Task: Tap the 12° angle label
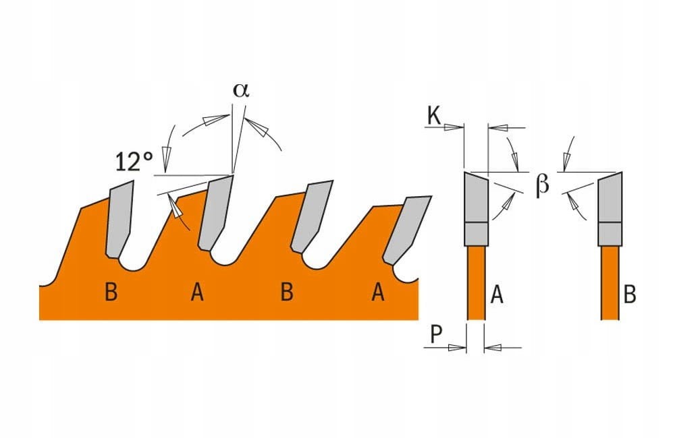[x=134, y=162]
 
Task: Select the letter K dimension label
[x=434, y=117]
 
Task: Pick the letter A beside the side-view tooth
[x=496, y=294]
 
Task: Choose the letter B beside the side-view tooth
[x=630, y=294]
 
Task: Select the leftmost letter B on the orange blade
[x=111, y=293]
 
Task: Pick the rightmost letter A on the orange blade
[x=378, y=293]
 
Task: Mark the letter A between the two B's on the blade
[x=197, y=293]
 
